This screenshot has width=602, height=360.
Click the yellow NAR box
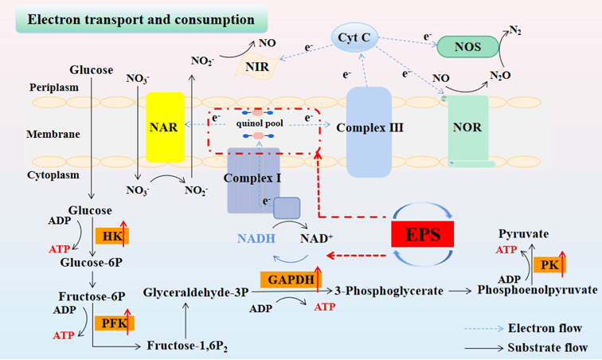[166, 127]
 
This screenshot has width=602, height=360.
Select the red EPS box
[422, 234]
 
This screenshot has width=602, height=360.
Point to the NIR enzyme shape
[256, 67]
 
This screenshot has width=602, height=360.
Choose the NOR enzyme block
[468, 127]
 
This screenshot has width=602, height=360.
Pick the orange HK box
[110, 236]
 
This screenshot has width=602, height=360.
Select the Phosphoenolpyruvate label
[537, 291]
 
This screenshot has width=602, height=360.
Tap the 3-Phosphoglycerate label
[389, 291]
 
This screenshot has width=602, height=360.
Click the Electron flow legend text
[545, 327]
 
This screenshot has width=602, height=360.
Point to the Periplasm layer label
[53, 86]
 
